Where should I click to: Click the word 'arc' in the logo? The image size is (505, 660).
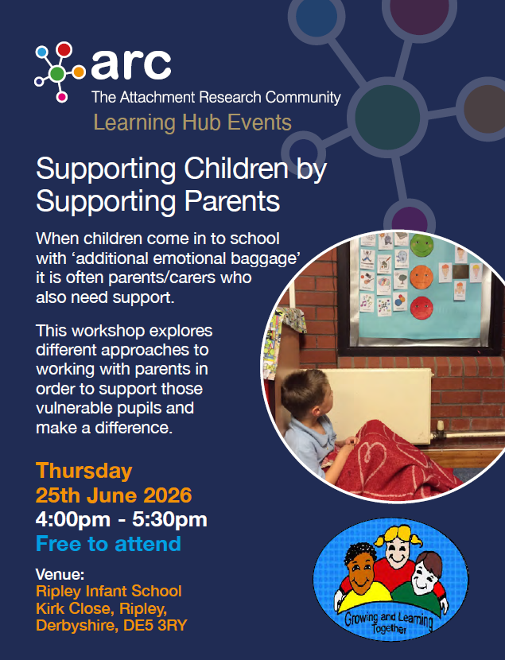131,64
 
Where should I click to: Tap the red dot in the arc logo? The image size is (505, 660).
64,49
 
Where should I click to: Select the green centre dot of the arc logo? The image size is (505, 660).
56,74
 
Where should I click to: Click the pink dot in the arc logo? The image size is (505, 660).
62,97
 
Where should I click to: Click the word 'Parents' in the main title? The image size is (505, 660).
232,202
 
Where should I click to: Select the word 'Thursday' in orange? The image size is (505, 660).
84,471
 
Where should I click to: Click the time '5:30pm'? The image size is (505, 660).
169,520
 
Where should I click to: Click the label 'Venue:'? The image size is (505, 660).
60,574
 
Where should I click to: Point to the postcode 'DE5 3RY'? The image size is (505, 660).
155,626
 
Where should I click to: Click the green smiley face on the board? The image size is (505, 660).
421,246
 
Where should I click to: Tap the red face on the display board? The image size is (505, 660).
421,308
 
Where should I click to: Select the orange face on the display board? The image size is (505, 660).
421,277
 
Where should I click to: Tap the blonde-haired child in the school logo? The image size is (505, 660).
396,547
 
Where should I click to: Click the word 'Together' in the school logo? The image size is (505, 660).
389,628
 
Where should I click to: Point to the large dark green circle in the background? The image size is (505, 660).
387,116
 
